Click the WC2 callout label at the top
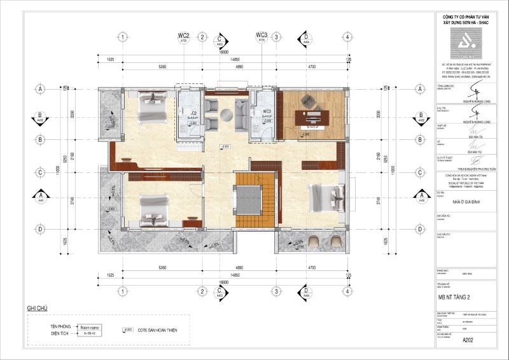click(183, 35)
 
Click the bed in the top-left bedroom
click(151, 107)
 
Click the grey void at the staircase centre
click(246, 200)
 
